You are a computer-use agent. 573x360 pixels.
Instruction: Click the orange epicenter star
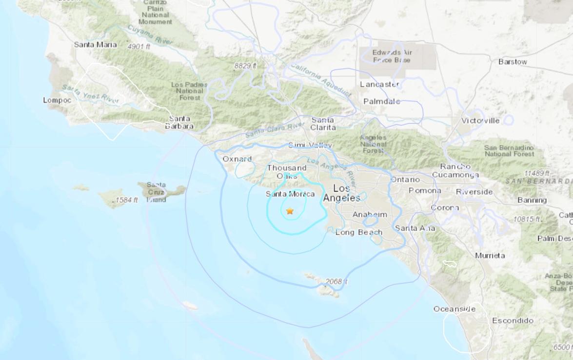(290, 211)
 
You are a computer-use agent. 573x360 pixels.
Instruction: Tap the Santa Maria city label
(95, 44)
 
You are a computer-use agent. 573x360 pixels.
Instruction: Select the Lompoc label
(57, 100)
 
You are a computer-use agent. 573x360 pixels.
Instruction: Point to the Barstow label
(513, 62)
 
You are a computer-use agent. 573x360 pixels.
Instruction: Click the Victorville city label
(480, 120)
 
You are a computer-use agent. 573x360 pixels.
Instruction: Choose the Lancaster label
(379, 84)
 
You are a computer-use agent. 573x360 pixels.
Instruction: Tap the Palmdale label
(381, 101)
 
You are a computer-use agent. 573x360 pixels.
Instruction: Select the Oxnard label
(237, 159)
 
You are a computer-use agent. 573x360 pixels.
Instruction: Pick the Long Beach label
(358, 232)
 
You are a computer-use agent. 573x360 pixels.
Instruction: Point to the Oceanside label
(454, 309)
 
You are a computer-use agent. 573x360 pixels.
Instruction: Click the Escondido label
(512, 321)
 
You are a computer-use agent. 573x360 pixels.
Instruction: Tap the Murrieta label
(490, 255)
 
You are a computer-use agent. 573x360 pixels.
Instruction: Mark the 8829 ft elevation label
(245, 65)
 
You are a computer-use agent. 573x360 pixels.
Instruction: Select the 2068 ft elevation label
(336, 282)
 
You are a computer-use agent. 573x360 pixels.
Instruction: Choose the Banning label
(532, 200)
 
